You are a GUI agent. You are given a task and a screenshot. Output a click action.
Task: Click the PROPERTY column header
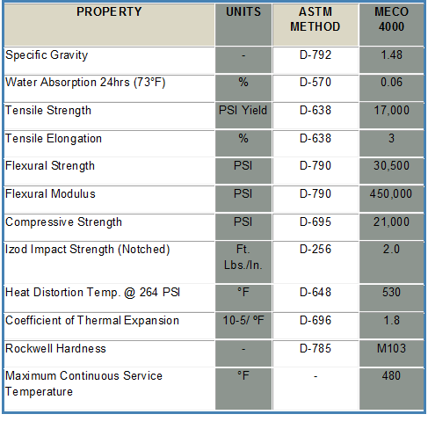(x=109, y=11)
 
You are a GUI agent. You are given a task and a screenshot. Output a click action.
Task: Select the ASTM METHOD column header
(x=316, y=19)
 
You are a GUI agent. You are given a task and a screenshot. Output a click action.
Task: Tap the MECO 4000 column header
(x=391, y=19)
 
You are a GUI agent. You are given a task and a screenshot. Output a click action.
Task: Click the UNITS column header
(x=243, y=11)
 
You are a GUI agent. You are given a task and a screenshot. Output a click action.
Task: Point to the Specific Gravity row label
(x=47, y=55)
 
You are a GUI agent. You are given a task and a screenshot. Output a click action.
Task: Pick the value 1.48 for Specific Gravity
(x=391, y=54)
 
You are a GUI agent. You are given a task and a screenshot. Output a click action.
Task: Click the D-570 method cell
(x=316, y=82)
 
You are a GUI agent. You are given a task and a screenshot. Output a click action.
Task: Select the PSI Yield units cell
(x=243, y=110)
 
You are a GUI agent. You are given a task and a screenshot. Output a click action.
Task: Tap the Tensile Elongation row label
(x=54, y=139)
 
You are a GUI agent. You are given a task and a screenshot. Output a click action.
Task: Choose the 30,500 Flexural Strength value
(x=391, y=166)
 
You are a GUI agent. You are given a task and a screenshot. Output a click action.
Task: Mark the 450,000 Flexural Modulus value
(x=391, y=193)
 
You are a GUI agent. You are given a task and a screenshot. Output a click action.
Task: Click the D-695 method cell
(x=316, y=222)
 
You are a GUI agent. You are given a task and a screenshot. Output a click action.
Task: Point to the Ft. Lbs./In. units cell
(x=243, y=258)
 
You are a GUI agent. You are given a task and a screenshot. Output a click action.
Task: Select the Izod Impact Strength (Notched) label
(x=88, y=250)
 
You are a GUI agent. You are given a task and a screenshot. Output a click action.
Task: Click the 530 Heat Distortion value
(x=391, y=292)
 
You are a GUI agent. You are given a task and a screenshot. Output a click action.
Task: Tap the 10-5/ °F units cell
(x=243, y=320)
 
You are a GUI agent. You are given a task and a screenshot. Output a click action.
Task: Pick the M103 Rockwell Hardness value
(x=391, y=348)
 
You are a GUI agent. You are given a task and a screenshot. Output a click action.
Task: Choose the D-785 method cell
(x=316, y=348)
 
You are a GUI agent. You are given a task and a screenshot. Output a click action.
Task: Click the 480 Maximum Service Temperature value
(x=391, y=375)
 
